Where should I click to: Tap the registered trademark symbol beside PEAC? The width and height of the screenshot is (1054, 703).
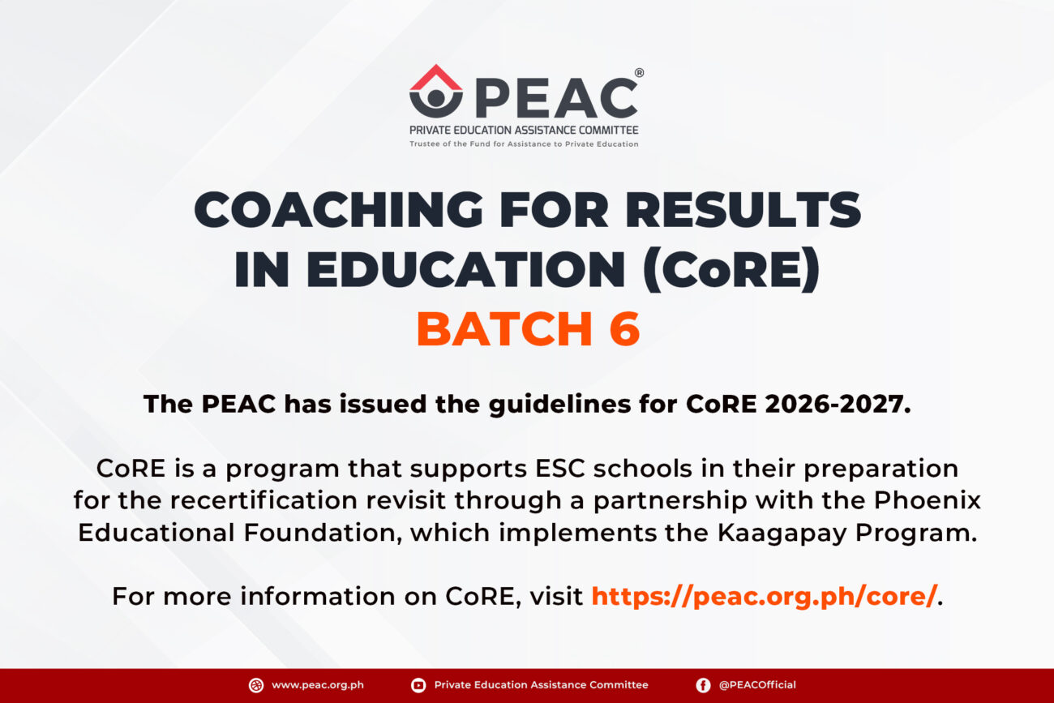tap(639, 72)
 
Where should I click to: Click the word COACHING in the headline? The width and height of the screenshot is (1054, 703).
tap(339, 210)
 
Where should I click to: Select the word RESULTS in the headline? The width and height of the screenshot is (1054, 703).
tap(743, 210)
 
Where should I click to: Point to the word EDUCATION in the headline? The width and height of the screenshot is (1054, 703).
tap(466, 268)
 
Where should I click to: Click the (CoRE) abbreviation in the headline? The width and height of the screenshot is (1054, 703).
tap(731, 269)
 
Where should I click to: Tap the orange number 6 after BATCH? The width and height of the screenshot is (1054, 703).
tap(624, 328)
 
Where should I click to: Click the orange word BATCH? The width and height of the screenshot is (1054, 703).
tap(504, 328)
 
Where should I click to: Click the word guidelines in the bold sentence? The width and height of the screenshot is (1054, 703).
tap(560, 405)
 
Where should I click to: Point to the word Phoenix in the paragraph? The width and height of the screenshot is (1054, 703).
tap(928, 500)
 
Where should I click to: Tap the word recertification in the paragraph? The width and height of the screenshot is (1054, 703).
tap(263, 500)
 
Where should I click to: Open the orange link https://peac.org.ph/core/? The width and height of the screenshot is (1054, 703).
tap(765, 597)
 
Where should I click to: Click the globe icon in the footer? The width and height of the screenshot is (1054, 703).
tap(256, 686)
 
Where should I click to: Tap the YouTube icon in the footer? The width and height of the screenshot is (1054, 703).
tap(418, 686)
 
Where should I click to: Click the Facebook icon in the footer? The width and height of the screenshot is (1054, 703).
tap(703, 686)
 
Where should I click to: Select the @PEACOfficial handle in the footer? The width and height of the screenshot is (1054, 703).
tap(757, 685)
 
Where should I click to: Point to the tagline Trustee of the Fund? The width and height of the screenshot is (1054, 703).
tap(524, 144)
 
